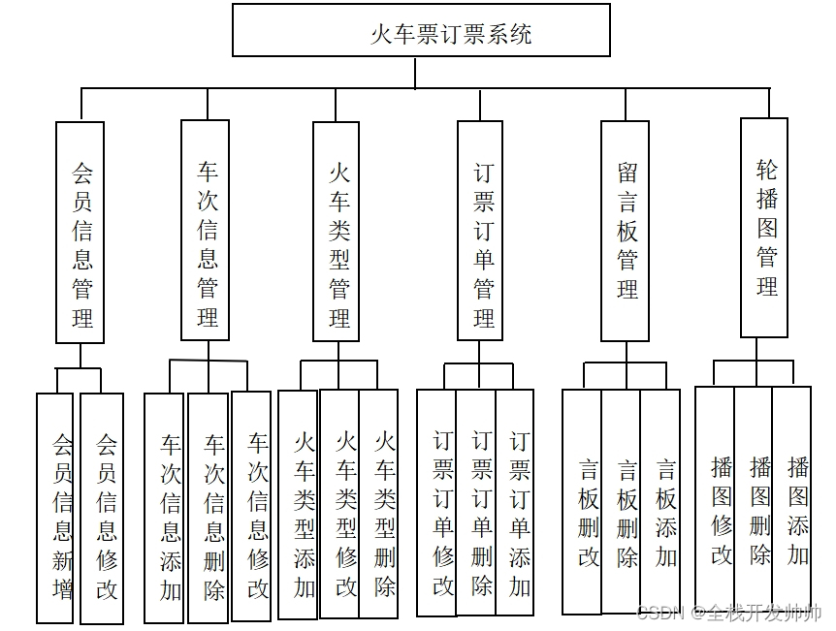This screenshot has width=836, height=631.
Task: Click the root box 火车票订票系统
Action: pos(421,30)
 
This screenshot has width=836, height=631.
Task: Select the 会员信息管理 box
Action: pos(80,232)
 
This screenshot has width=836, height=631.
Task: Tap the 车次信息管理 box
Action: pos(206,230)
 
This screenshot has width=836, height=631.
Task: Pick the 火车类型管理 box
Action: pos(337,232)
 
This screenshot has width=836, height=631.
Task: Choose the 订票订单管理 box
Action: pos(480,231)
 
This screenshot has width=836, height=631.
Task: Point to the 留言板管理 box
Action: pos(625,231)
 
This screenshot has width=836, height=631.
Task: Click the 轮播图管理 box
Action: pos(764,228)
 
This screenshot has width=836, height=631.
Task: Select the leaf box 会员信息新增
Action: pos(55,508)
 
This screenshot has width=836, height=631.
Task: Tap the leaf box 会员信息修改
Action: pos(102,508)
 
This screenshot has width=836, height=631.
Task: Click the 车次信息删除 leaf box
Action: pos(209,507)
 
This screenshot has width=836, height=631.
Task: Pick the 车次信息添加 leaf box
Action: pos(165,507)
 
